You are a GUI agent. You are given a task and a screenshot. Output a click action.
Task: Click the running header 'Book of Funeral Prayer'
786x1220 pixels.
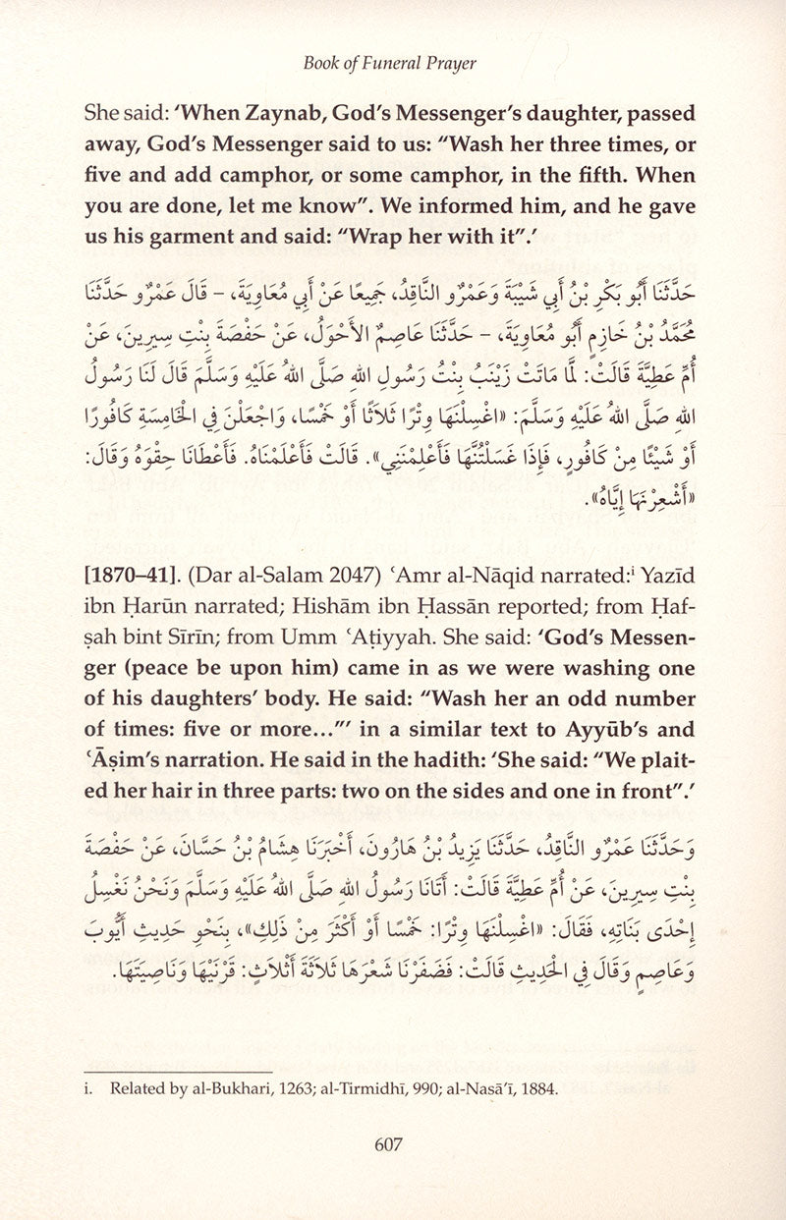coord(391,64)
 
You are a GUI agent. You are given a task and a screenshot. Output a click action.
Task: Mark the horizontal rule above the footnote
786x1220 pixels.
coord(178,1071)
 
